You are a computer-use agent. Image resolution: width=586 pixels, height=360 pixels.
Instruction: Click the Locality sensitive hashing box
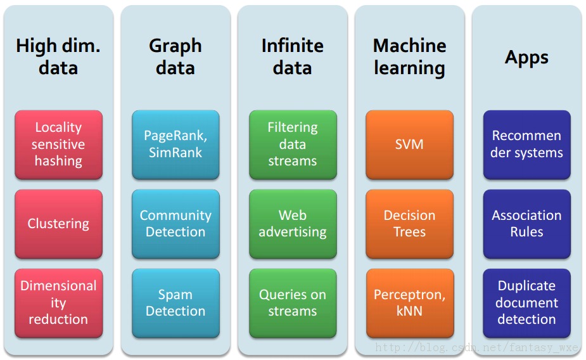pos(59,145)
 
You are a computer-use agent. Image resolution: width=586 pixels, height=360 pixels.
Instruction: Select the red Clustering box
pos(59,224)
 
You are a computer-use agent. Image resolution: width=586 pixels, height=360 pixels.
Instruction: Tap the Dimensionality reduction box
pos(59,303)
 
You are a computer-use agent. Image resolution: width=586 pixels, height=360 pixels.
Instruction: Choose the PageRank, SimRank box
pos(175,145)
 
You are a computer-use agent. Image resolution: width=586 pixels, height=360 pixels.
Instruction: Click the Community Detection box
pos(175,224)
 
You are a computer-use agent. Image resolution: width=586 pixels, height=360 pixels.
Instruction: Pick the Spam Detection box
pos(175,303)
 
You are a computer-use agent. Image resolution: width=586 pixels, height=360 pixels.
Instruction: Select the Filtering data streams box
pos(293,145)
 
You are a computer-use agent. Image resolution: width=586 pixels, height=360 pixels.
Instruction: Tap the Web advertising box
pos(293,224)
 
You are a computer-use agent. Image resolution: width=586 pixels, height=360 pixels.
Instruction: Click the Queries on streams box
pos(293,303)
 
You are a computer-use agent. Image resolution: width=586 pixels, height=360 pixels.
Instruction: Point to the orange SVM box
pos(410,145)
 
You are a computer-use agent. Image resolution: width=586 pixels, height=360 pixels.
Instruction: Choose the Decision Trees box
pos(410,224)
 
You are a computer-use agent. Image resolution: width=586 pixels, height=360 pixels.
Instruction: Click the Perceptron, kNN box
pos(410,303)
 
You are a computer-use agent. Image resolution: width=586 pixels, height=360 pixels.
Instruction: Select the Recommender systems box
pos(527,145)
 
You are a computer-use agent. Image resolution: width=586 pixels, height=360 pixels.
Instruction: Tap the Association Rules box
pos(527,224)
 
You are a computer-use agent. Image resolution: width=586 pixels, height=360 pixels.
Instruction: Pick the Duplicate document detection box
pos(527,303)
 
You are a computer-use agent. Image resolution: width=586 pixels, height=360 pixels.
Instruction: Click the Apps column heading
pos(526,58)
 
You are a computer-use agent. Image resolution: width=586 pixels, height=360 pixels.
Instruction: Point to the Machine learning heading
pos(410,57)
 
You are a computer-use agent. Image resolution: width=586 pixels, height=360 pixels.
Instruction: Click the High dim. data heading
pos(58,57)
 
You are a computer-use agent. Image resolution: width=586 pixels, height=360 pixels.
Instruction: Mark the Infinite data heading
pos(293,57)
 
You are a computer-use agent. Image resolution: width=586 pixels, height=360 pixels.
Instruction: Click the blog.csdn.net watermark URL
pos(477,348)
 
